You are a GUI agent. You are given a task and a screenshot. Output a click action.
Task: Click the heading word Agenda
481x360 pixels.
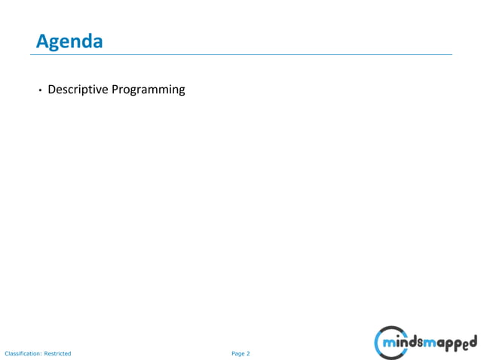(x=69, y=41)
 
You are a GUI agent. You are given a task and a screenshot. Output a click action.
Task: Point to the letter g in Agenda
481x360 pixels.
(x=56, y=43)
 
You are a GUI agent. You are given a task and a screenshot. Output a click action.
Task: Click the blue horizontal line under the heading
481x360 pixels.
(x=241, y=55)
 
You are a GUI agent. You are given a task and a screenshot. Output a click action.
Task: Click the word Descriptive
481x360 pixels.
(x=78, y=90)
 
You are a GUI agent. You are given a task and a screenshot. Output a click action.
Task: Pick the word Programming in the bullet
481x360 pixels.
(x=149, y=90)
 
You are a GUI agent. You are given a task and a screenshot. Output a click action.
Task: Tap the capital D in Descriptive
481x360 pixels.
(x=52, y=90)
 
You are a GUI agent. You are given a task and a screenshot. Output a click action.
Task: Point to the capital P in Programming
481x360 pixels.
(x=115, y=90)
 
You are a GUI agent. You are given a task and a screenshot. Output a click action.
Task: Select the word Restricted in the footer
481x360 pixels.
(x=57, y=353)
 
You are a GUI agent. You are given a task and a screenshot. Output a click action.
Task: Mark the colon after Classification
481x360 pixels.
(x=41, y=353)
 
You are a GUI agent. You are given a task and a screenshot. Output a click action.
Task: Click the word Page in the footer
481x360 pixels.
(x=237, y=353)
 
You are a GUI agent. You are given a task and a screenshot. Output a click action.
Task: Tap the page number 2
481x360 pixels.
(x=247, y=353)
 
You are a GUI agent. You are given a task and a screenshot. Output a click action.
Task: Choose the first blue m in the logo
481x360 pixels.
(x=388, y=343)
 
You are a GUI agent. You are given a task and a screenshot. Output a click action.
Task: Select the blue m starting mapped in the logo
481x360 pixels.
(x=428, y=343)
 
